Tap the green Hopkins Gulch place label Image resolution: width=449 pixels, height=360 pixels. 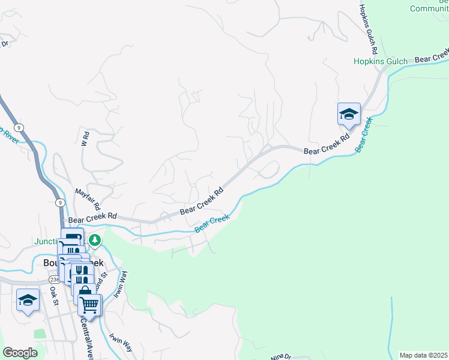pos(380,61)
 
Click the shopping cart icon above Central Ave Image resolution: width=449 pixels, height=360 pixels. pos(89,305)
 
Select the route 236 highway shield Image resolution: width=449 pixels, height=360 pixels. pos(54,280)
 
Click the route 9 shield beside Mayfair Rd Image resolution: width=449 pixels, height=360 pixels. pos(60,203)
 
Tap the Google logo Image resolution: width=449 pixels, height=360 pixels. pos(20,352)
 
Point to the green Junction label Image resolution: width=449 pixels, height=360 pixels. pos(47,242)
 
